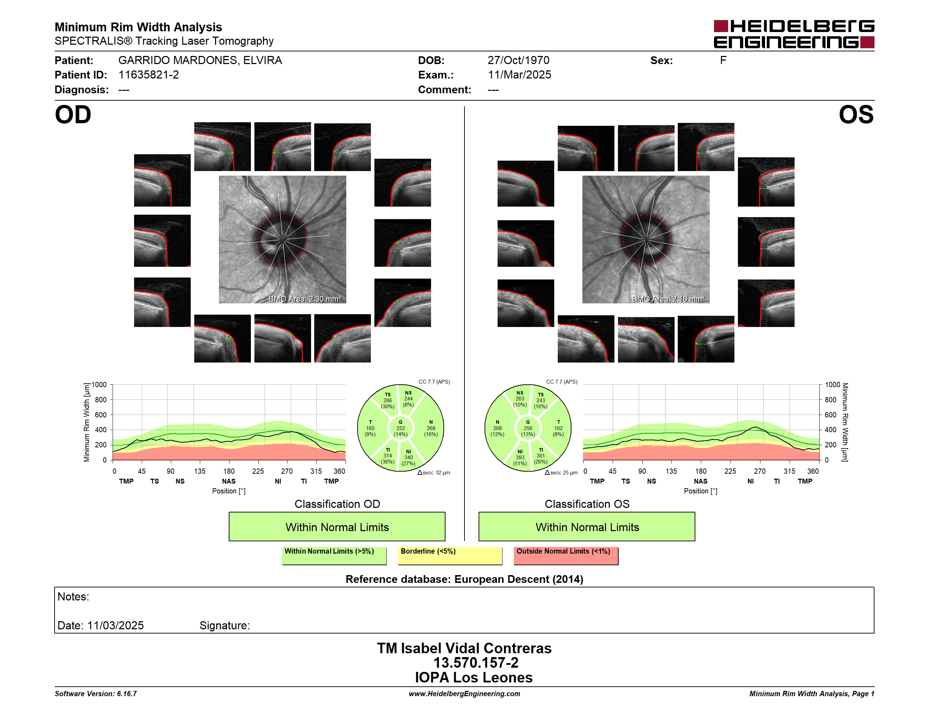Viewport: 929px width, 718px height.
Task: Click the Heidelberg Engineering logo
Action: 794,34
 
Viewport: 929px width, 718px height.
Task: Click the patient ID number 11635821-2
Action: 148,75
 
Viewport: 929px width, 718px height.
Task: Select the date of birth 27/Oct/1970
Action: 518,61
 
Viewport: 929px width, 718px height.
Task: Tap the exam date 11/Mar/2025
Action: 519,75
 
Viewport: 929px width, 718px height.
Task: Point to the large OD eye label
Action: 73,115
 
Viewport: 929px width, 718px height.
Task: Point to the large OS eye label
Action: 856,115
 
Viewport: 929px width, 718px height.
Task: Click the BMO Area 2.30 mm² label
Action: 304,299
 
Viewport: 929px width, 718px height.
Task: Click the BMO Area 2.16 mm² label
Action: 668,299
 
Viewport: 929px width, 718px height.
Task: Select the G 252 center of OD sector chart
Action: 400,428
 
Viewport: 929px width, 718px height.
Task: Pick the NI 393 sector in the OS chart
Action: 520,458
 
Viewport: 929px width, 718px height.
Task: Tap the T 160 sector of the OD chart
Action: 370,428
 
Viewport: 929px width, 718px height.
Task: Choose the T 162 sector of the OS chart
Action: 558,428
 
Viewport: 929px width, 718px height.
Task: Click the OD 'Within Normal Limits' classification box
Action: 337,527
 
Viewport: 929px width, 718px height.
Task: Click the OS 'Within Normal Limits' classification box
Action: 587,527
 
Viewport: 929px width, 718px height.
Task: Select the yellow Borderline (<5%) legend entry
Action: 450,555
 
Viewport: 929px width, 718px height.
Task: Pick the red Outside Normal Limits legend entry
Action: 566,555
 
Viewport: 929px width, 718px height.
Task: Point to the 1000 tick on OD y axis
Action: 99,385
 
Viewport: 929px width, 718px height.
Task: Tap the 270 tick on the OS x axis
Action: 760,471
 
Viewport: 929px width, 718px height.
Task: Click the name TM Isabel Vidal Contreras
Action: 464,648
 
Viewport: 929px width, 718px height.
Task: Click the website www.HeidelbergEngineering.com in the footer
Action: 464,694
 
